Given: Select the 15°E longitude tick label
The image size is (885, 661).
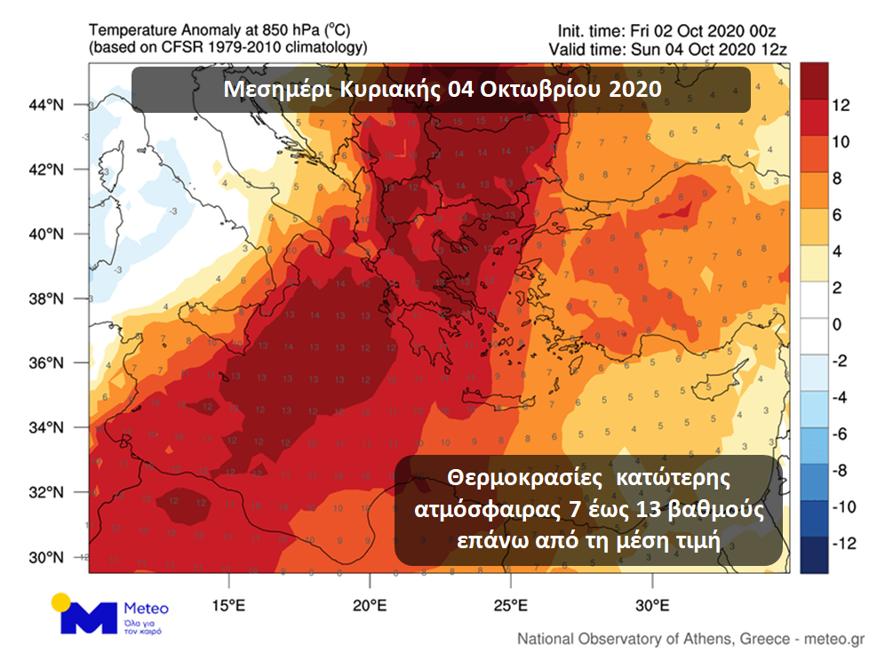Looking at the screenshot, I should click(228, 606).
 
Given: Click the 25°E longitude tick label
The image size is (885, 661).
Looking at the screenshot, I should click(511, 606).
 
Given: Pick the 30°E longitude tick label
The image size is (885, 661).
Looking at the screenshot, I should click(652, 606).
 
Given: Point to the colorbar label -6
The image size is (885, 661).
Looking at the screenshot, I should click(840, 434).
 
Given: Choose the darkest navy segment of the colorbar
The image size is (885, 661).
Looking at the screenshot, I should click(814, 554).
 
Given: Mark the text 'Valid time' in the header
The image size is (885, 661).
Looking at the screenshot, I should click(583, 49).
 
